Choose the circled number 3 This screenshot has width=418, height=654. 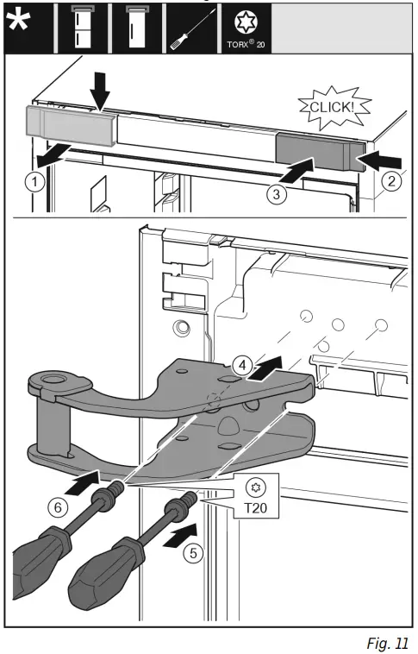tap(275, 195)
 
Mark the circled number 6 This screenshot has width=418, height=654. tap(59, 508)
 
